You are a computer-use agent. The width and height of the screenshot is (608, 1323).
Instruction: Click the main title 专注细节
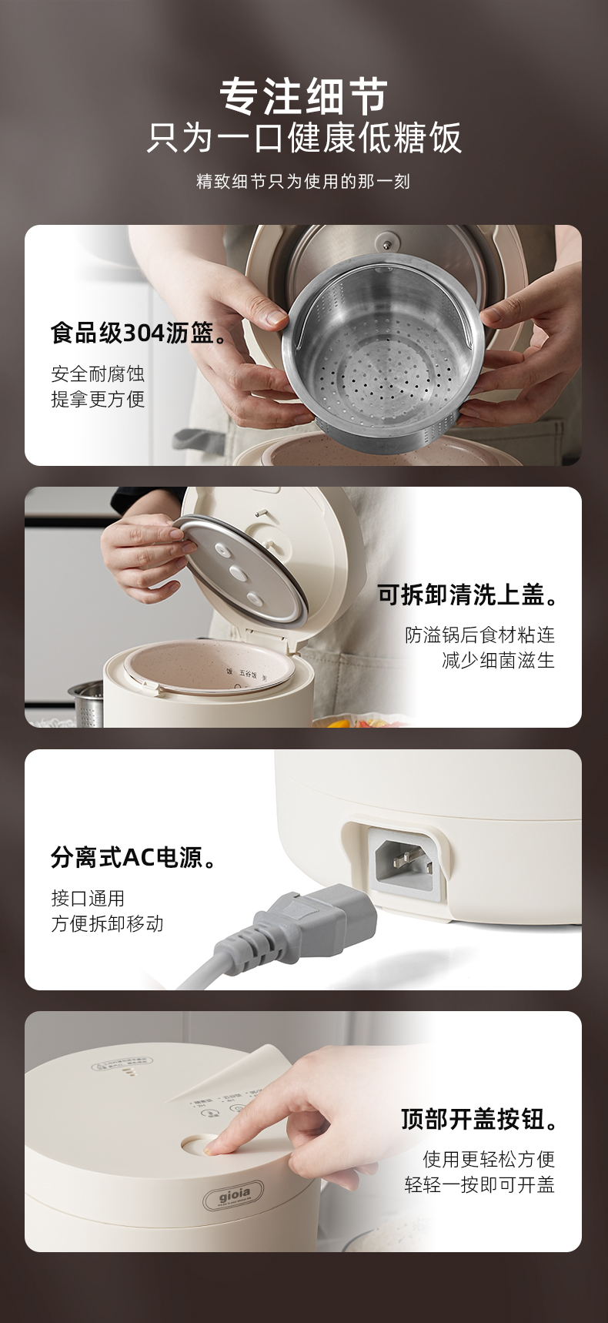click(303, 96)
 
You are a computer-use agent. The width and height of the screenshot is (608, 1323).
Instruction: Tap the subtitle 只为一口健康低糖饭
click(303, 139)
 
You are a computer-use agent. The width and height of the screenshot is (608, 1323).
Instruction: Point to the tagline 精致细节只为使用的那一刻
click(303, 182)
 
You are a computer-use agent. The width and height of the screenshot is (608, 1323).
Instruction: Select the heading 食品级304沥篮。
click(141, 333)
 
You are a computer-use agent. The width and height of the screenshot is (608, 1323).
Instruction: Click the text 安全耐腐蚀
click(98, 374)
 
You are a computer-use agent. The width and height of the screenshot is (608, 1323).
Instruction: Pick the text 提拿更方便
click(98, 399)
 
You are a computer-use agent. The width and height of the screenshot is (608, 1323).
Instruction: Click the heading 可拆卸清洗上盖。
click(468, 594)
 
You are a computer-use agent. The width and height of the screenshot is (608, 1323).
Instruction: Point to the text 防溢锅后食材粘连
click(479, 635)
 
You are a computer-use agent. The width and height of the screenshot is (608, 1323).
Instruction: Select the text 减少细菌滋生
click(498, 660)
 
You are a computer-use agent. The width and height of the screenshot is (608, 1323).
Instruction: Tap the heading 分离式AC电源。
click(135, 856)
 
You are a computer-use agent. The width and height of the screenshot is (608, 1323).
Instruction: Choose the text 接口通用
click(88, 898)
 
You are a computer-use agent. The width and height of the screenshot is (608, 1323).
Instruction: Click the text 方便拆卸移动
click(107, 923)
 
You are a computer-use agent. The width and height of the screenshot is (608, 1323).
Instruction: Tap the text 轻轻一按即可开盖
click(479, 1184)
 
